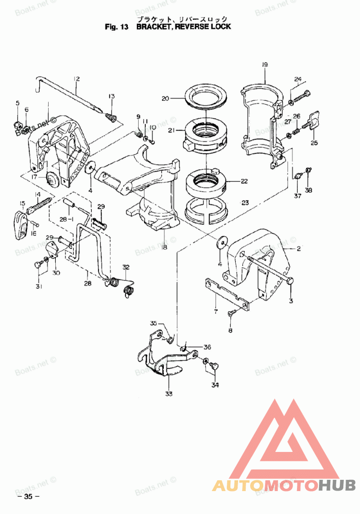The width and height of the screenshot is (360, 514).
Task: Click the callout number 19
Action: [265, 65]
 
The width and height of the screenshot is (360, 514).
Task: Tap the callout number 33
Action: [169, 394]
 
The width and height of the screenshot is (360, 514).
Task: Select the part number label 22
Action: [244, 182]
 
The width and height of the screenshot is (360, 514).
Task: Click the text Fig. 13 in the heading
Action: [117, 27]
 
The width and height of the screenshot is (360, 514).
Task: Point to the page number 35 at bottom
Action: [28, 496]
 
